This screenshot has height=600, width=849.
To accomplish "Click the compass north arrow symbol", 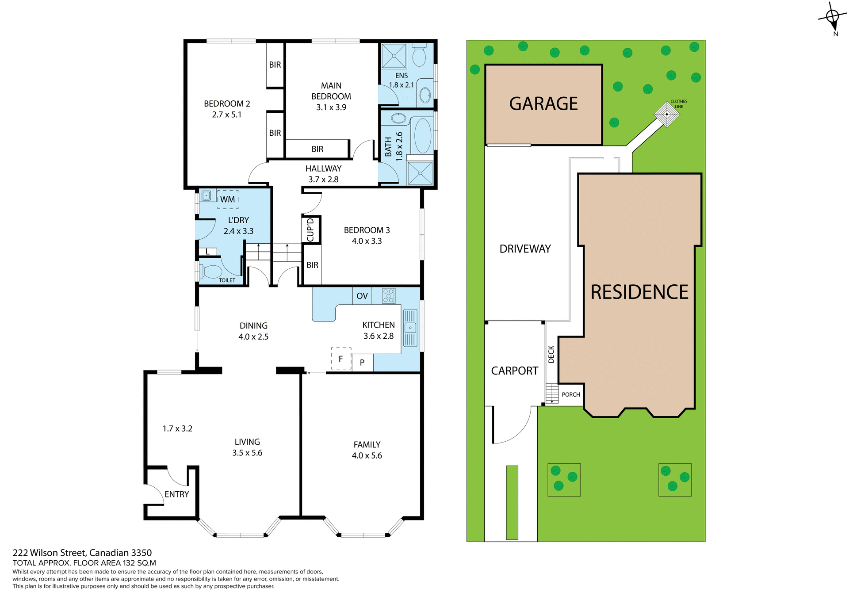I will point(833,18).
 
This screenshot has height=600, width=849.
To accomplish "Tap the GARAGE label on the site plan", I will point(543,104).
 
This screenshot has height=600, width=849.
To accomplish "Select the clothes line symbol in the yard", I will point(666,114).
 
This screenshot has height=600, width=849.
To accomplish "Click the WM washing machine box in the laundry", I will point(228,199).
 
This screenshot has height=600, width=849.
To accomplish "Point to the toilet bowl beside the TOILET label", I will point(212,271).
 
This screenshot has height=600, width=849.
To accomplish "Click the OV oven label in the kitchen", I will point(362,296).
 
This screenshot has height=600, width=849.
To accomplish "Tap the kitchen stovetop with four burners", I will point(389,295).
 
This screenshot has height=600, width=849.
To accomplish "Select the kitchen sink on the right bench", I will point(410,328).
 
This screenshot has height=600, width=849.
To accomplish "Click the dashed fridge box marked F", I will point(341,359).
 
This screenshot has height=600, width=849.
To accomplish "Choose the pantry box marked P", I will point(363,363).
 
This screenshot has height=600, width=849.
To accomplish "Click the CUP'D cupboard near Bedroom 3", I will point(310,229).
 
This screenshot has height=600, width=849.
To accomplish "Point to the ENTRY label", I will point(176,494).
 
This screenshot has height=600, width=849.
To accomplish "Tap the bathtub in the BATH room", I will point(423,135).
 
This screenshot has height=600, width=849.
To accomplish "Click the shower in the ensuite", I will point(394,56).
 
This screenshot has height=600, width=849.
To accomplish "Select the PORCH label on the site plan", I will point(571,394).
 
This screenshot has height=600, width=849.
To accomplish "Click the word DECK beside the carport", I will point(551,354).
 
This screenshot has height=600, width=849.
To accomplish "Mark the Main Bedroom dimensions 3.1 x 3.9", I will point(331,107).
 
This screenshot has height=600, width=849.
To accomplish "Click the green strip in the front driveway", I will point(512,502).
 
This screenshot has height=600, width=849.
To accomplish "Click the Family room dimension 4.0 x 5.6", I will point(367,455).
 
